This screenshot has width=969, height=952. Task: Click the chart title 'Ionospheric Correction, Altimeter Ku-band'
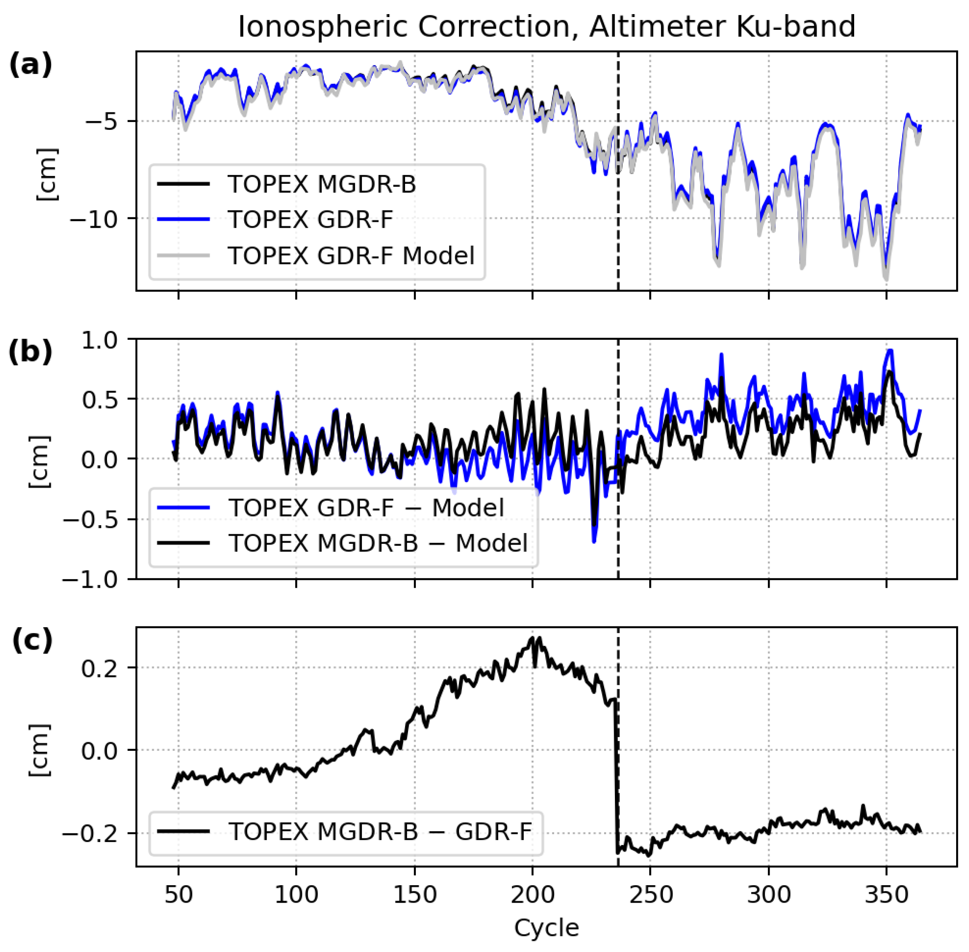click(x=547, y=27)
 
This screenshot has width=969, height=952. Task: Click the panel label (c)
click(x=32, y=640)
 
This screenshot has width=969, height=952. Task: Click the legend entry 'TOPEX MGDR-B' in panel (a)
click(x=321, y=184)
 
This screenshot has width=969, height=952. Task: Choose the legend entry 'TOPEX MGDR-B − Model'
click(x=378, y=543)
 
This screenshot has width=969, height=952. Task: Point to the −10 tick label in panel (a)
click(x=97, y=219)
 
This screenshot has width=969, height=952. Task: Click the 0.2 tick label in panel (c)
click(x=106, y=668)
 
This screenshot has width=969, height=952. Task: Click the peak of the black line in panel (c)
click(x=539, y=638)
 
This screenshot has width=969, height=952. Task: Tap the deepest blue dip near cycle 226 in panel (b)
click(x=594, y=541)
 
